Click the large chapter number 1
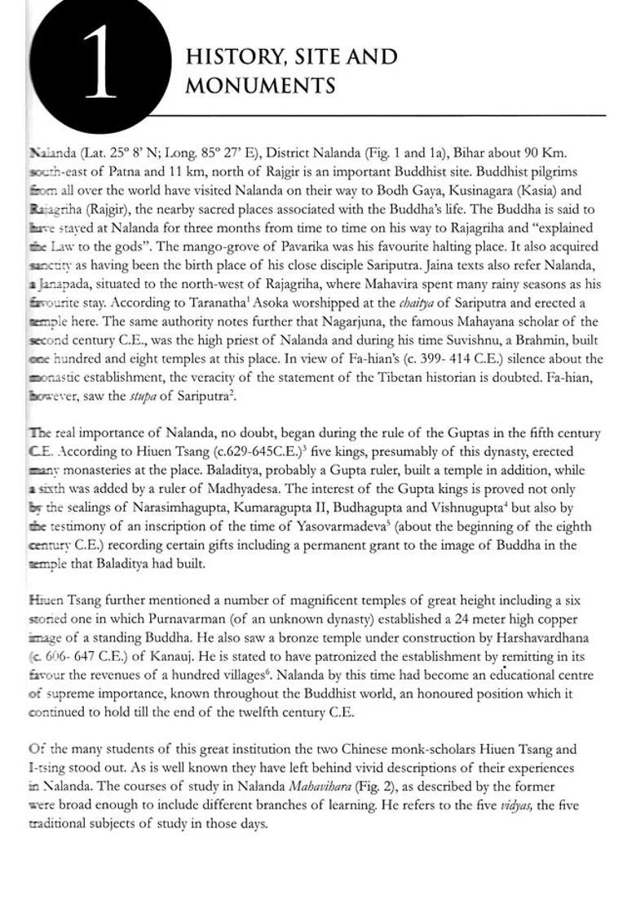tap(99, 63)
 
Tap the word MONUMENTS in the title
tap(260, 86)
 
